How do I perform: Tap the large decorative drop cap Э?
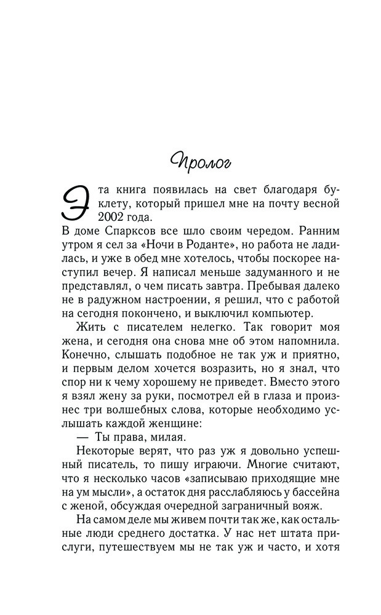(x=78, y=204)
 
